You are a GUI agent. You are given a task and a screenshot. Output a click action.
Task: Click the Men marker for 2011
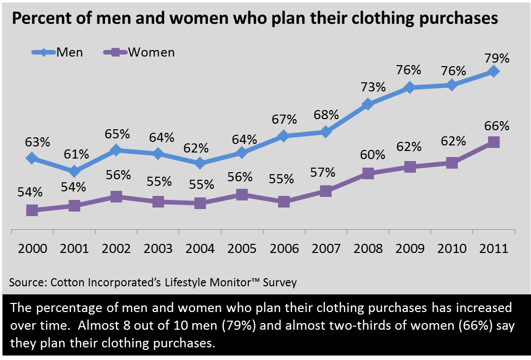coord(494,72)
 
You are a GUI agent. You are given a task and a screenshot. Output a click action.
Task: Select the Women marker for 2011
coord(494,142)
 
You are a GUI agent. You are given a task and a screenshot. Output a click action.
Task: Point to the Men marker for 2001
coord(74,172)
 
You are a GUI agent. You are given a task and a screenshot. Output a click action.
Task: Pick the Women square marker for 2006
coord(284,201)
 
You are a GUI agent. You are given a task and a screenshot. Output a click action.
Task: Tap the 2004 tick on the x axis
coord(200,248)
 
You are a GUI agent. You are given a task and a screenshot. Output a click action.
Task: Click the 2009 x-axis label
coord(410,248)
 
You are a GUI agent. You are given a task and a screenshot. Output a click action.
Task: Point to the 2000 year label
coord(32,248)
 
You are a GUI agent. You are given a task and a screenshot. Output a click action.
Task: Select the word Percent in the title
coord(36,19)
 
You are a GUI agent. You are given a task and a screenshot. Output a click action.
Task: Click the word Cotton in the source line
coord(69,282)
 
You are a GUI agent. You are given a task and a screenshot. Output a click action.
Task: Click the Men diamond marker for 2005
coord(242,152)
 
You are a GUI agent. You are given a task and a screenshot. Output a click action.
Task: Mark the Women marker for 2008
coord(368,174)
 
